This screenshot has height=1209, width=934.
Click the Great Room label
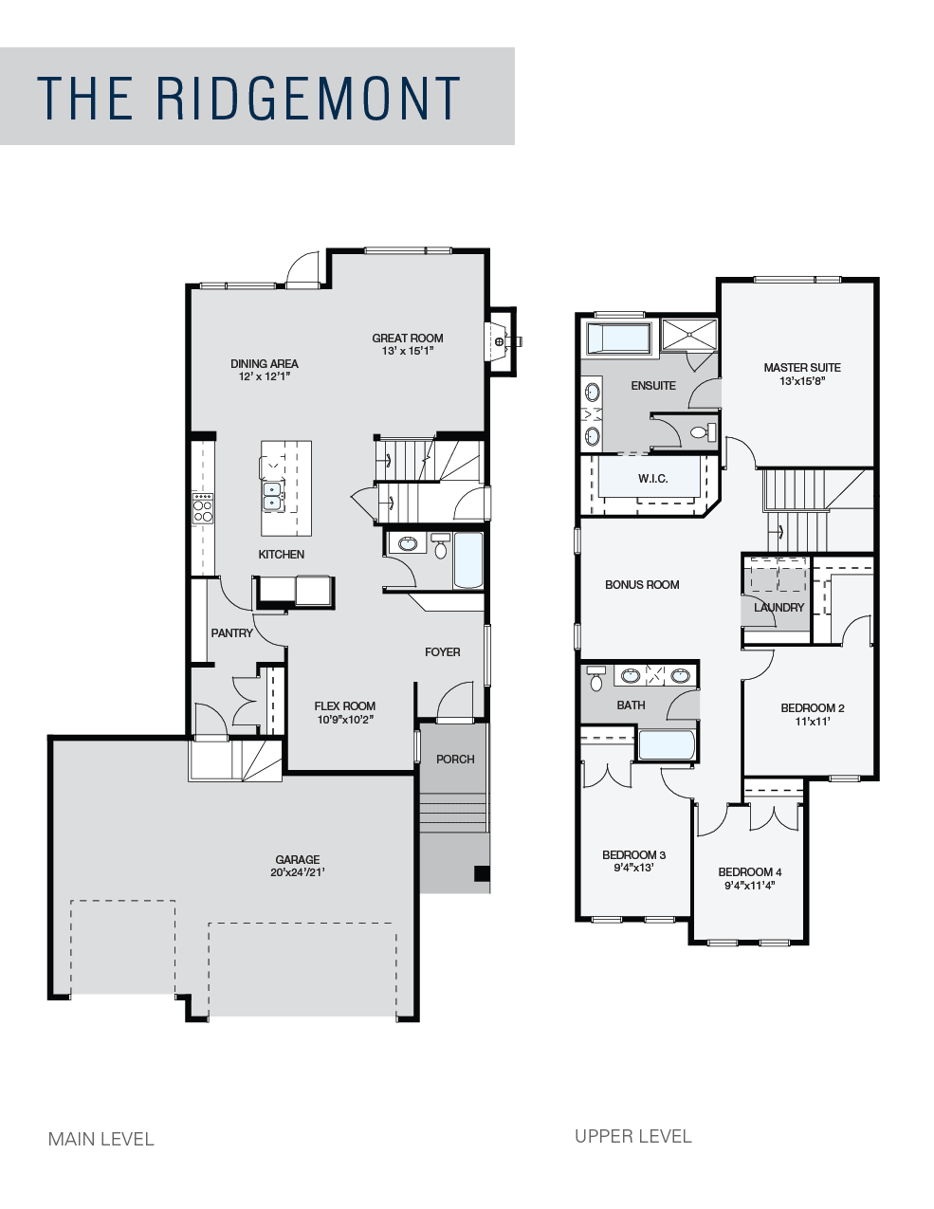click(x=407, y=338)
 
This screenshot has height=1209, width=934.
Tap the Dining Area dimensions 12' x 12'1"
click(x=265, y=376)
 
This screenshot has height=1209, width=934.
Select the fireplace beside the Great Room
click(x=502, y=341)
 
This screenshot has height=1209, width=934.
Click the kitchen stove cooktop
click(x=203, y=508)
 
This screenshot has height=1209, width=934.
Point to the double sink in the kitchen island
click(x=272, y=496)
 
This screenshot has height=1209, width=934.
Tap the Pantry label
click(x=231, y=633)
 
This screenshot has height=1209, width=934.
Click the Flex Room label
click(x=345, y=706)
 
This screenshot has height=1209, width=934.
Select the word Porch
click(x=455, y=760)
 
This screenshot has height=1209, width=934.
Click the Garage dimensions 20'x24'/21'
click(x=298, y=872)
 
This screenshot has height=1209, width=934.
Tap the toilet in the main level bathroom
click(x=441, y=546)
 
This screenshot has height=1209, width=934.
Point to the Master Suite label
click(x=801, y=368)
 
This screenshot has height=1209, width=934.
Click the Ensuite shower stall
click(x=689, y=335)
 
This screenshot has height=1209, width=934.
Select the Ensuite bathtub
click(x=618, y=338)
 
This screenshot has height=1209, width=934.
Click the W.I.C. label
click(x=653, y=479)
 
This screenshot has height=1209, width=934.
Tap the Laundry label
click(x=778, y=608)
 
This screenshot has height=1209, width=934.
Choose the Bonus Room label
click(x=642, y=585)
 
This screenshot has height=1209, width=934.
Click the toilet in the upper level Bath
click(x=596, y=678)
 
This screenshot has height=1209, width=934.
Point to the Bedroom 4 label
click(x=750, y=871)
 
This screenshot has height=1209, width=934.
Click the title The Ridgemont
click(x=248, y=98)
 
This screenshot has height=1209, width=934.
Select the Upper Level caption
click(x=633, y=1136)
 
